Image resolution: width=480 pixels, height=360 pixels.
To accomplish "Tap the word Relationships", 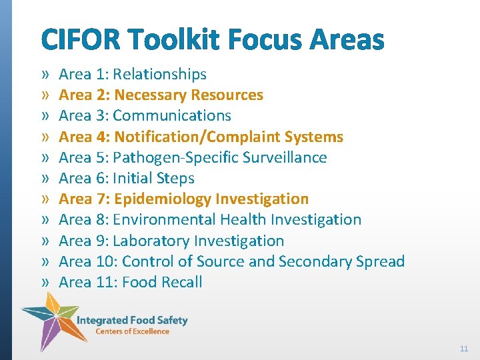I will (160, 74).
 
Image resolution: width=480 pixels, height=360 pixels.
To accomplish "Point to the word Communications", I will (172, 115).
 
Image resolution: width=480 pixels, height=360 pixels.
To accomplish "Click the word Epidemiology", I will (162, 199).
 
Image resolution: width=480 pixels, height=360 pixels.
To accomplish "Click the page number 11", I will (464, 349).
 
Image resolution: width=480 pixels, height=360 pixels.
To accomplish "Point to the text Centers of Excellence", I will (132, 331).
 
